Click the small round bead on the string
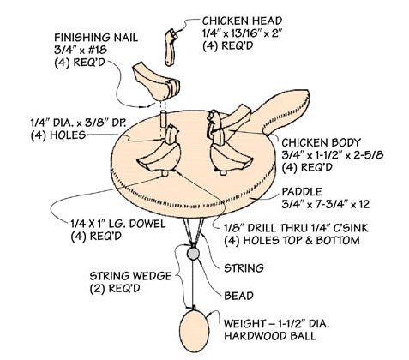[x=194, y=255]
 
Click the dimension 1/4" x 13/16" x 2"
[x=241, y=33]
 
